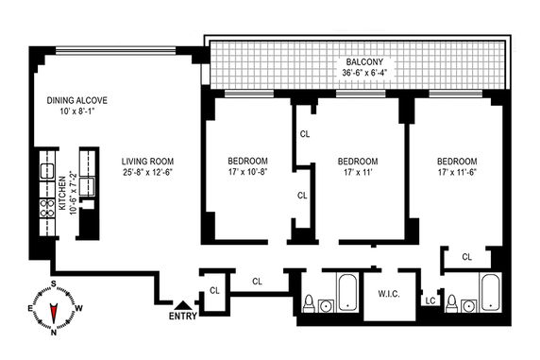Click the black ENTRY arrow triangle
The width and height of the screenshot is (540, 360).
coord(183,305)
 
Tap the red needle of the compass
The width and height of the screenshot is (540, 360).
coord(54,313)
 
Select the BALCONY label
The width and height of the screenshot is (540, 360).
coord(364,62)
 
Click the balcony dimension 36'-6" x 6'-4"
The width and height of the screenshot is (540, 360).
coord(364,73)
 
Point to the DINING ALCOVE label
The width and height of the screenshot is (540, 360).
coord(77,100)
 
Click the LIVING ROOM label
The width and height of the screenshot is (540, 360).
coord(147,161)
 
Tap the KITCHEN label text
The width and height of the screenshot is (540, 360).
coord(62,193)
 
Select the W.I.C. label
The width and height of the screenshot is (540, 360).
coord(389,294)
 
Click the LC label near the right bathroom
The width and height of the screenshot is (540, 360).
coord(430,301)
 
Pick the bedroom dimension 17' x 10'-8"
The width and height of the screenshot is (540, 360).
coord(248,172)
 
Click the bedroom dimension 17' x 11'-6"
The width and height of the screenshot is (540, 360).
coord(457,172)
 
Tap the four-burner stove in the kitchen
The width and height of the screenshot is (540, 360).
coord(47,208)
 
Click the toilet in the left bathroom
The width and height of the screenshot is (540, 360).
coord(309,303)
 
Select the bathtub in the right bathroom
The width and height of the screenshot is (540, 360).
coord(490,292)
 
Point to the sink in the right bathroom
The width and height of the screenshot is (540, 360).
coord(468,305)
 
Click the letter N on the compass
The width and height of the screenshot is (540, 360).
coord(54,333)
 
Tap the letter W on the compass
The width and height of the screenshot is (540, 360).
coord(78,308)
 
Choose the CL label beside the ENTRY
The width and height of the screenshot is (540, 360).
coord(214,291)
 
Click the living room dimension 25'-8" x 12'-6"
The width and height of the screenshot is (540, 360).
coord(147,172)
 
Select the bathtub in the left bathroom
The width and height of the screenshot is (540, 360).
coord(347,292)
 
